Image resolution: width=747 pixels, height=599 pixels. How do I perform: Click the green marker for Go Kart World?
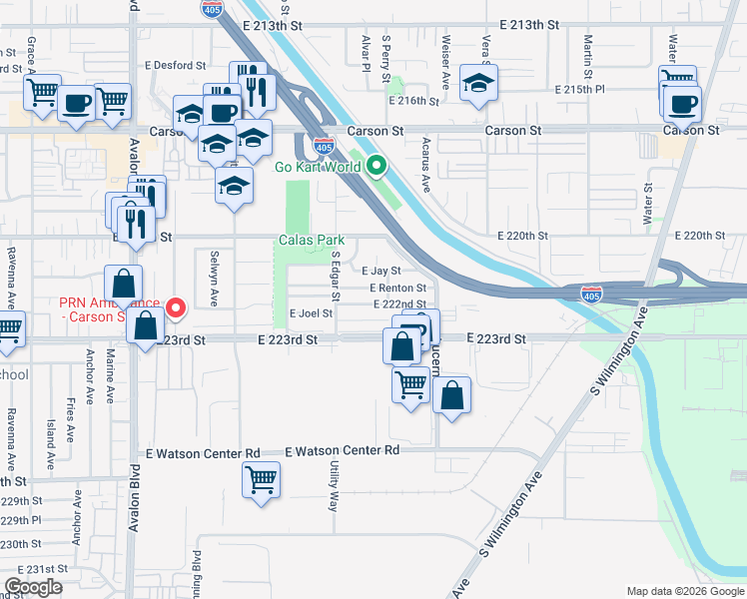pyautogui.click(x=376, y=167)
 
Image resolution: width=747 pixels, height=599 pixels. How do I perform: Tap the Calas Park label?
pyautogui.click(x=310, y=241)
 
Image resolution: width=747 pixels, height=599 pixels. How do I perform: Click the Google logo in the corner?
pyautogui.click(x=33, y=587)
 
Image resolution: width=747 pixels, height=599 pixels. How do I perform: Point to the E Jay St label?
pyautogui.click(x=380, y=271)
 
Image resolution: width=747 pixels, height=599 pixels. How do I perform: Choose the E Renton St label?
pyautogui.click(x=397, y=288)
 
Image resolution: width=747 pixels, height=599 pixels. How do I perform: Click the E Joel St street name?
pyautogui.click(x=311, y=313)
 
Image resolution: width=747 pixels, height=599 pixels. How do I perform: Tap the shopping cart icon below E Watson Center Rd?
pyautogui.click(x=261, y=478)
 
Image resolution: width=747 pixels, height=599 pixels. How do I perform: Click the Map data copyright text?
pyautogui.click(x=683, y=591)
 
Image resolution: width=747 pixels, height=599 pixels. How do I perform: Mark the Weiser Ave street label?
pyautogui.click(x=445, y=50)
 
